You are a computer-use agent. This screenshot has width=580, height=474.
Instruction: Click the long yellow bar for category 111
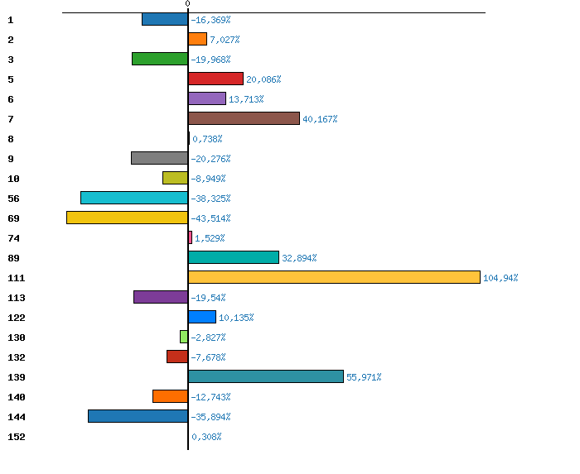coord(334,277)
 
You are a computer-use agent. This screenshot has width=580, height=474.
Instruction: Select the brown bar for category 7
coord(244,118)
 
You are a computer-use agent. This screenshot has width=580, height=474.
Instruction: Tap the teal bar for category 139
coord(265,376)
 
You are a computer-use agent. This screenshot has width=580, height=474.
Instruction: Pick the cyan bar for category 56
coord(134,198)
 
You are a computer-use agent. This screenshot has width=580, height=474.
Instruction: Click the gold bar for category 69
coord(127,218)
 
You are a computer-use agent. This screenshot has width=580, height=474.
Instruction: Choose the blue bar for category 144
coord(138,416)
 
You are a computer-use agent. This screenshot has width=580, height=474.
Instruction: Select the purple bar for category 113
coord(161,297)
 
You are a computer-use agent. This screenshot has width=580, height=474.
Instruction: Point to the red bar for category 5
coord(215,79)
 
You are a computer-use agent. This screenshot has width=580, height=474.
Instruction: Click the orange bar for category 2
coord(197,39)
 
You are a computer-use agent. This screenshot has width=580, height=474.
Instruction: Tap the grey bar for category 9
coord(159,158)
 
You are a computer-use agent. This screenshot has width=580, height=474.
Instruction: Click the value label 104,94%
coord(500,278)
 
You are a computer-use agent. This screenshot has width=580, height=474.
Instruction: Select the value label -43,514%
coord(210,218)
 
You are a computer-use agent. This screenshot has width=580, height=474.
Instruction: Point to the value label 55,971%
coord(364,377)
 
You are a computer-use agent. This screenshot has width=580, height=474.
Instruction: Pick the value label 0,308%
coord(206,437)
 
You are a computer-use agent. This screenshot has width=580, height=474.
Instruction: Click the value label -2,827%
coord(208,338)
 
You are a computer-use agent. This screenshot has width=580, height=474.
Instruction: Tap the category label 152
coord(17,437)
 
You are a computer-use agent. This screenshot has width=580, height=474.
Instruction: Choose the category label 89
coord(13,258)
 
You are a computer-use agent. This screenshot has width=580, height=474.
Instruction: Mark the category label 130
coord(17,338)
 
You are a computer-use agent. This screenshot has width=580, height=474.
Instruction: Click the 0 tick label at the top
coord(187,4)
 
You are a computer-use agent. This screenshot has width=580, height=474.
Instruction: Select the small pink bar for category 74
coord(190,237)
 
